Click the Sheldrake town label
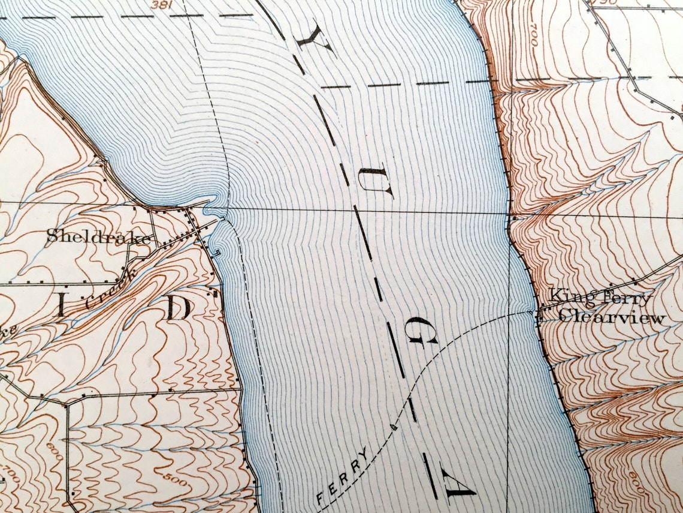99,236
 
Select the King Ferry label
600,296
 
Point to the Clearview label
611,317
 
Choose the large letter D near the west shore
177,308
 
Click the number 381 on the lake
159,4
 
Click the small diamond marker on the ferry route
394,427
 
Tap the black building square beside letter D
211,293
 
